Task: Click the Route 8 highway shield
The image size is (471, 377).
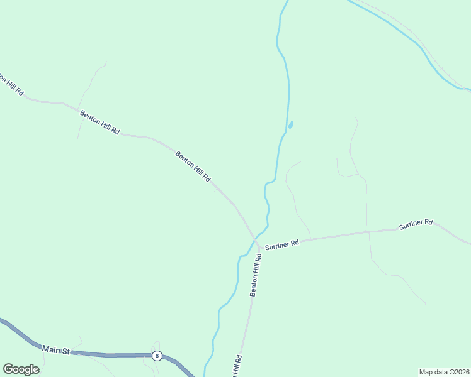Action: (x=157, y=356)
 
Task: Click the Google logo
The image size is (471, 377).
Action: (x=21, y=369)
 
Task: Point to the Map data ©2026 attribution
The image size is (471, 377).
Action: (x=443, y=372)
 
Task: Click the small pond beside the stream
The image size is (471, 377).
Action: (x=290, y=125)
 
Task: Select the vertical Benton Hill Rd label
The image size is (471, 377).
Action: (x=256, y=275)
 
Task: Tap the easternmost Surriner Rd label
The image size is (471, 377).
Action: (x=416, y=224)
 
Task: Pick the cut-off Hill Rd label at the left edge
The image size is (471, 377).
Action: (x=11, y=85)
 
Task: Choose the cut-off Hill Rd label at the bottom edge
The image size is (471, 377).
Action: (x=236, y=366)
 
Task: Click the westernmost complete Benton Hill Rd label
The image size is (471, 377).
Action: (x=99, y=122)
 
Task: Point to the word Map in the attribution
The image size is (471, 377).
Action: (x=426, y=372)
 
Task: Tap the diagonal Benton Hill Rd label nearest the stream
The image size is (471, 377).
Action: (x=193, y=167)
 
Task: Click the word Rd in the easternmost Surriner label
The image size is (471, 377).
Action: (x=429, y=222)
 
